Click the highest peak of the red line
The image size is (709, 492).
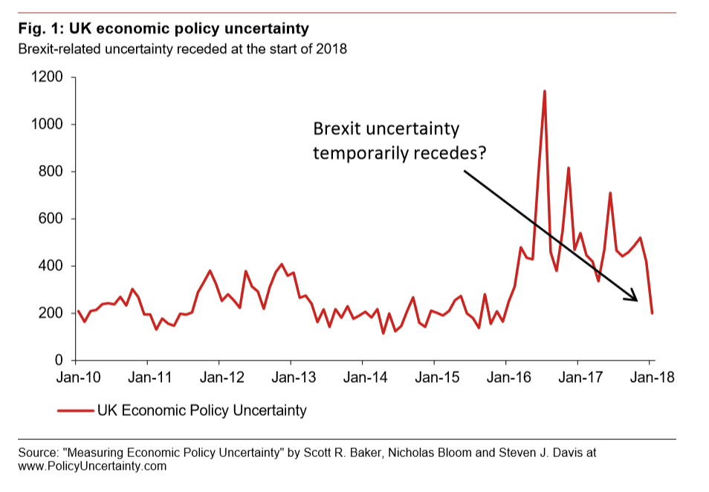tap(545, 91)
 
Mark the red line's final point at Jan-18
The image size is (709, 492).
tap(653, 313)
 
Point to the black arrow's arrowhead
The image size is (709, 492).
tap(635, 299)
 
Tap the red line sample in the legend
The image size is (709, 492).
tap(75, 410)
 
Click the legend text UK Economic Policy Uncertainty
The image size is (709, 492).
tap(202, 410)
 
